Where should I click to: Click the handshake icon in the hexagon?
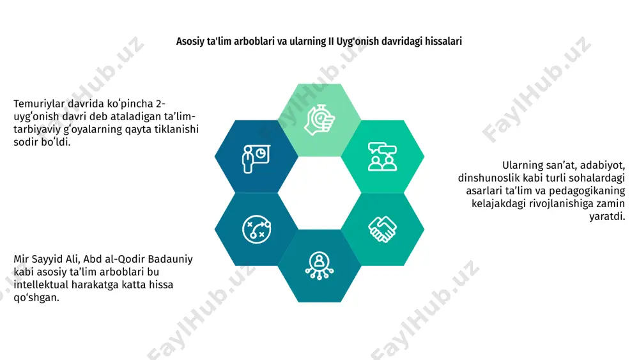[x=382, y=229]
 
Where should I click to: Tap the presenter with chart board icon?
[x=256, y=159]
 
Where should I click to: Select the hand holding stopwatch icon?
[x=319, y=120]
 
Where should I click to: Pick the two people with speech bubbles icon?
[x=382, y=157]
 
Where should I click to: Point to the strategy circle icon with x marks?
[x=256, y=229]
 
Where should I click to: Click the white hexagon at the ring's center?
[x=319, y=193]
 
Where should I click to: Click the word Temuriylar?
[x=39, y=104]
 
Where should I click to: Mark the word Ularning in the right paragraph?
[x=522, y=166]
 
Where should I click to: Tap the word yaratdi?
[x=607, y=216]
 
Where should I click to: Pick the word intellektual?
[x=41, y=285]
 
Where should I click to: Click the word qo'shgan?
[x=36, y=297]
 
